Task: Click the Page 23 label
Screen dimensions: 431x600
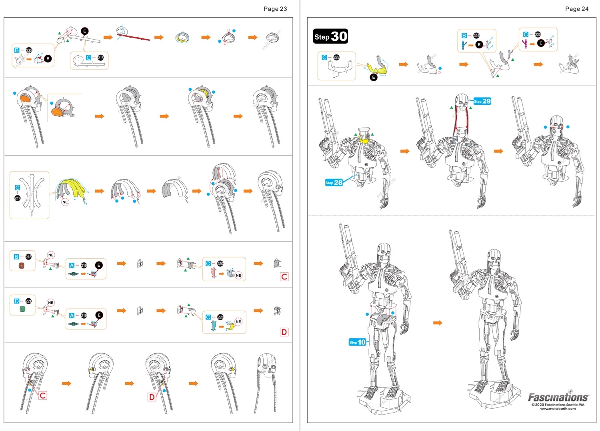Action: [x=275, y=9]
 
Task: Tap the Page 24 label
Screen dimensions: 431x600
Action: [x=576, y=9]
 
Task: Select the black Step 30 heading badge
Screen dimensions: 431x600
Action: [x=330, y=36]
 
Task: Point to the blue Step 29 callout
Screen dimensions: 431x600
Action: [x=482, y=101]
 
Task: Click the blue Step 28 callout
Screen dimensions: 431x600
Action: [x=334, y=183]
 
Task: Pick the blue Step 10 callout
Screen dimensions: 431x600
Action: [x=357, y=342]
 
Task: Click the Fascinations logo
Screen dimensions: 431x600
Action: [x=558, y=397]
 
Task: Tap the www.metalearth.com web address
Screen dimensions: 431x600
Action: [x=558, y=409]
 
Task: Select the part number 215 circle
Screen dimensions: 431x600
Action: [x=29, y=50]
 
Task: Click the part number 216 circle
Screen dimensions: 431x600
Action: [x=100, y=58]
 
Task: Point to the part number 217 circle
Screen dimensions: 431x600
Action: [x=18, y=198]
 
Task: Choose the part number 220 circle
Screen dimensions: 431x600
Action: [x=220, y=263]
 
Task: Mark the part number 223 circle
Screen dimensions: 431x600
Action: [x=336, y=57]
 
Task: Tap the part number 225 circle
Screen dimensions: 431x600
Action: [x=538, y=34]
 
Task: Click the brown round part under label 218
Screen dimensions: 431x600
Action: [x=21, y=265]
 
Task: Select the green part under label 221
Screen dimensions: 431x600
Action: [x=22, y=310]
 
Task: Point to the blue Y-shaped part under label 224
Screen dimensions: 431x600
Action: [x=464, y=45]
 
